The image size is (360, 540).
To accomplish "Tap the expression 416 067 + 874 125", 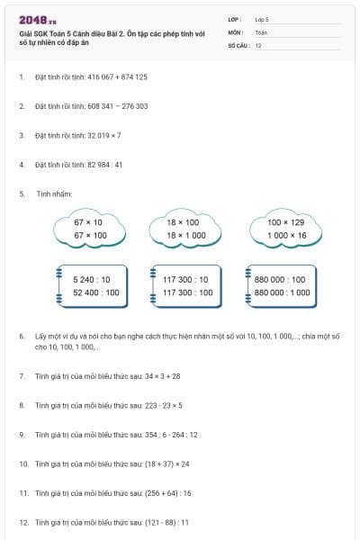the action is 117,77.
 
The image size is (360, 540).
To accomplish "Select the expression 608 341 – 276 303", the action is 117,106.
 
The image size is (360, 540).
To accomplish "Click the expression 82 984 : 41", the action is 104,165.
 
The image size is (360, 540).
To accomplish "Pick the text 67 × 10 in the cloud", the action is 88,221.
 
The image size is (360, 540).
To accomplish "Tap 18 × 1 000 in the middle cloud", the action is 186,235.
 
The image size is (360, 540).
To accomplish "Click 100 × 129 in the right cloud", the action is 286,221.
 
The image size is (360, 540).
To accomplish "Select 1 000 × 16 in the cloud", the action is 286,235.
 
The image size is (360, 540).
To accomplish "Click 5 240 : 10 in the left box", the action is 91,280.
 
